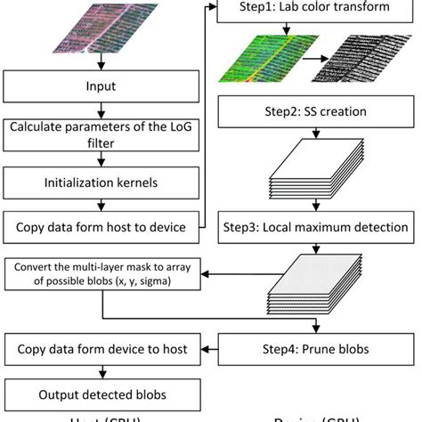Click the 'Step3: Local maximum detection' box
pos(315,227)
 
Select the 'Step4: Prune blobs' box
pos(315,348)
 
